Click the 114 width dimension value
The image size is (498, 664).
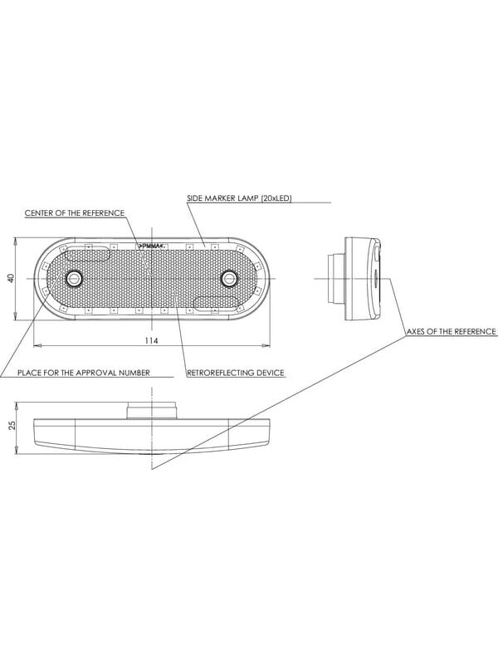pos(151,340)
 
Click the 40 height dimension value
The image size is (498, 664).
pos(12,278)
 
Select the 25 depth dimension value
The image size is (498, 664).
pos(12,425)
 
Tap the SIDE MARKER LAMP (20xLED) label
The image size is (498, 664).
pos(239,198)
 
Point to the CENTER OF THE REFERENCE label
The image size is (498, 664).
pos(75,213)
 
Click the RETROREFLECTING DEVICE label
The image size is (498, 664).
pos(236,373)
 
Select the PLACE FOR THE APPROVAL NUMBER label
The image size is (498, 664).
pos(84,373)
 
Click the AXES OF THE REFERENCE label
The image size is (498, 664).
pos(451,331)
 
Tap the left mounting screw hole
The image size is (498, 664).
pos(75,278)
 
